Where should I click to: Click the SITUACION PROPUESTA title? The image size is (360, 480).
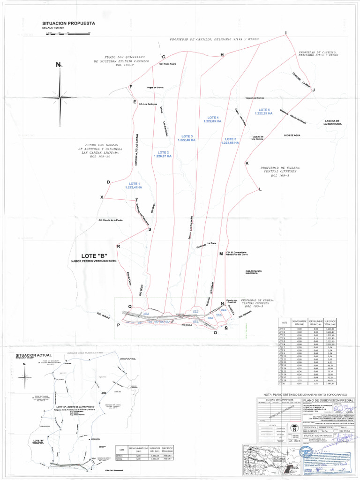[68, 23]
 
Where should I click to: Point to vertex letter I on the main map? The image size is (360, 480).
[285, 33]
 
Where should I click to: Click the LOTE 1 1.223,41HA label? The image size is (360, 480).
[134, 185]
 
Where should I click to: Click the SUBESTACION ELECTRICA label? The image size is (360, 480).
[253, 272]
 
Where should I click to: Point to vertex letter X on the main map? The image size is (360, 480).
[102, 197]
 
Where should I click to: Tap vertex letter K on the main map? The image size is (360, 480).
[247, 163]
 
